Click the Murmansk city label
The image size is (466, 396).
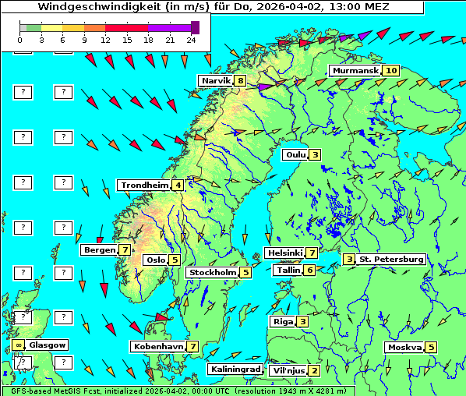355,71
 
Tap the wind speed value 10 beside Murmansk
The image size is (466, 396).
391,71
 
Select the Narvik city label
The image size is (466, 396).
216,81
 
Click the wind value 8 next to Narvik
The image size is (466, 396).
241,81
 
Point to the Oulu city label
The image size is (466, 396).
295,154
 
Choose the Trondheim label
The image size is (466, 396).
144,186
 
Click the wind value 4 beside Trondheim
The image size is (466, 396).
178,186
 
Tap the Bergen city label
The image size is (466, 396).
98,250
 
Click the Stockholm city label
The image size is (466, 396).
212,273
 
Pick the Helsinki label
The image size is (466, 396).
284,253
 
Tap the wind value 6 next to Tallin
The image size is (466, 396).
310,270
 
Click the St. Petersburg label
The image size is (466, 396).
391,259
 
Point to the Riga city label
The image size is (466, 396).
282,321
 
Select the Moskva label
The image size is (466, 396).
404,348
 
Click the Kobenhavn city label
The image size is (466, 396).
157,346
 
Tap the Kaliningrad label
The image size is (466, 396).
234,369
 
